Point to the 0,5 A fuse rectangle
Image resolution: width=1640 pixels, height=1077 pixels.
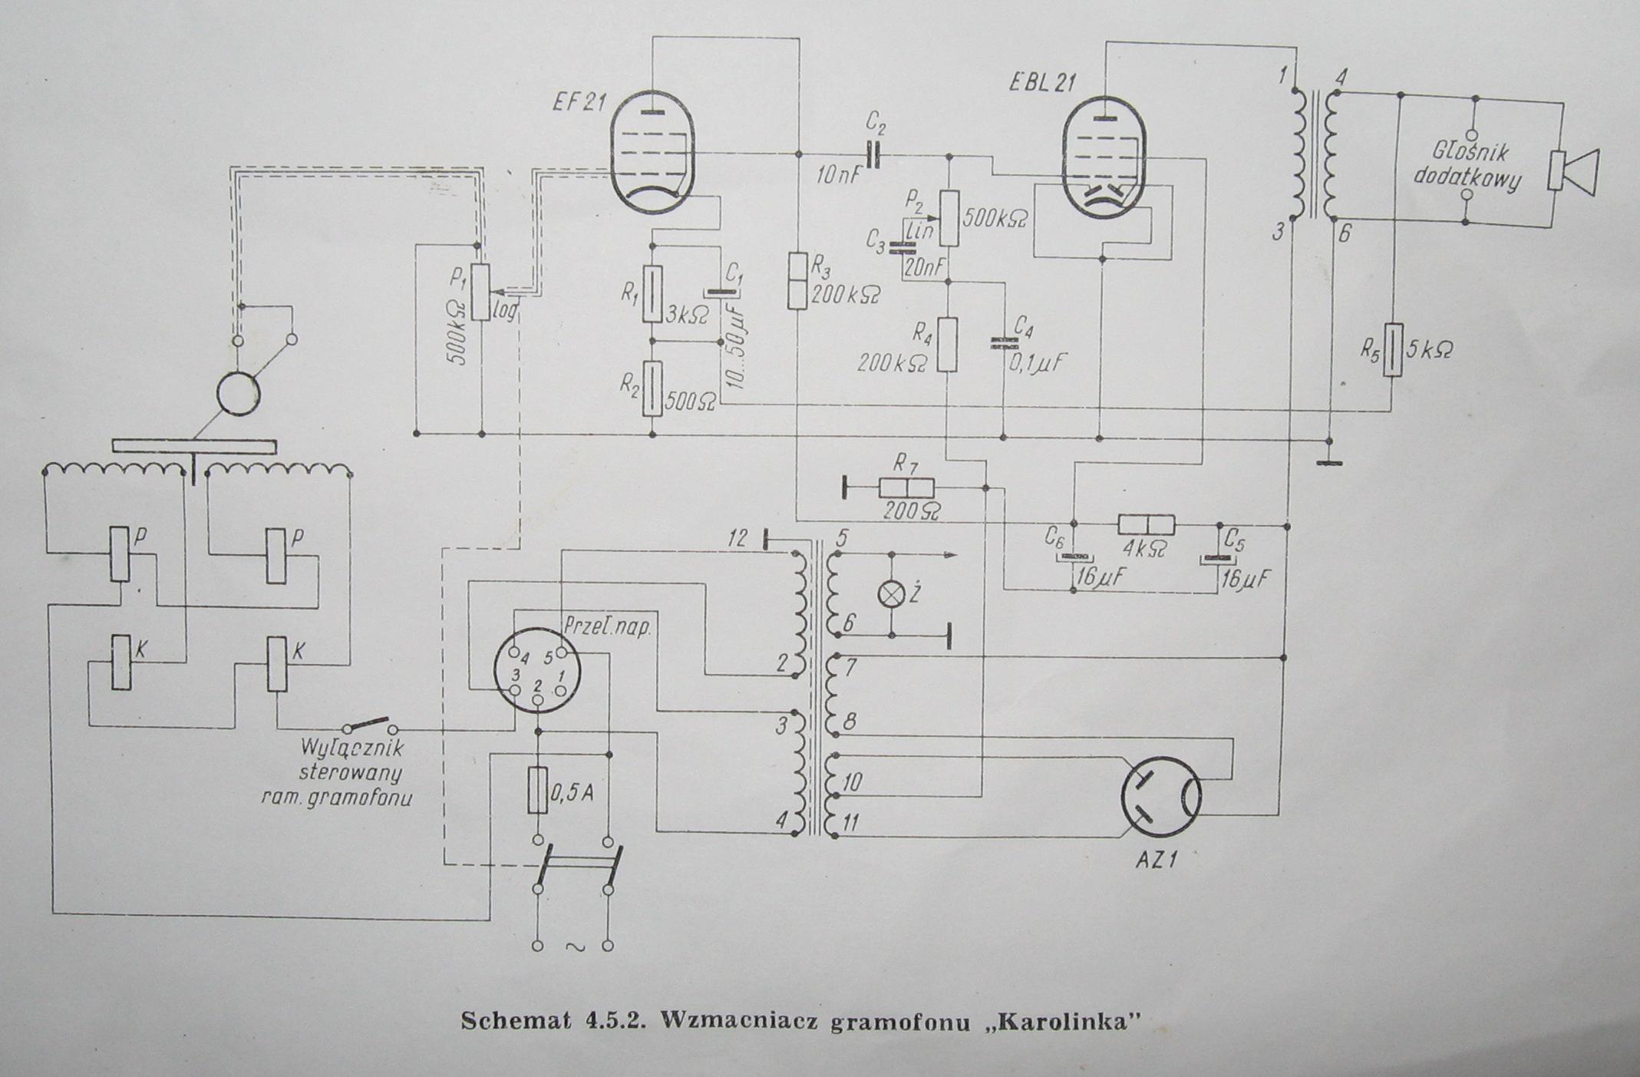537,790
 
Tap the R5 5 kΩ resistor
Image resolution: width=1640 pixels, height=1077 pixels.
1392,350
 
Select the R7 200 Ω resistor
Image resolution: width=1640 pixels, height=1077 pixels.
906,487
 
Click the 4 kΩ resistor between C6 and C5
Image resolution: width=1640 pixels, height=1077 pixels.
1147,525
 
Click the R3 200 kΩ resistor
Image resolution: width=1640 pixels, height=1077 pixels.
798,280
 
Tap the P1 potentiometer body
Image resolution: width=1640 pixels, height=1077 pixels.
481,292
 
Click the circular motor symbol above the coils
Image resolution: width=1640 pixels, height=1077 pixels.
239,394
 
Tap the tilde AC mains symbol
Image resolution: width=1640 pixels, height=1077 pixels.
573,947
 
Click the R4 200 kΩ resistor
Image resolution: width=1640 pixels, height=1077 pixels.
948,345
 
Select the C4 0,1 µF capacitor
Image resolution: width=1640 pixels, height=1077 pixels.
1002,343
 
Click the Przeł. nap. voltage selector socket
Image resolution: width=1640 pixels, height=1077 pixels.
536,672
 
